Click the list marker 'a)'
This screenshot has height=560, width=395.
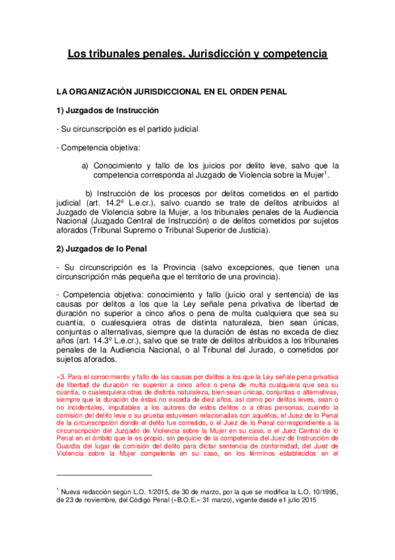click(x=85, y=166)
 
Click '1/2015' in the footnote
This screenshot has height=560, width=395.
click(x=146, y=491)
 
